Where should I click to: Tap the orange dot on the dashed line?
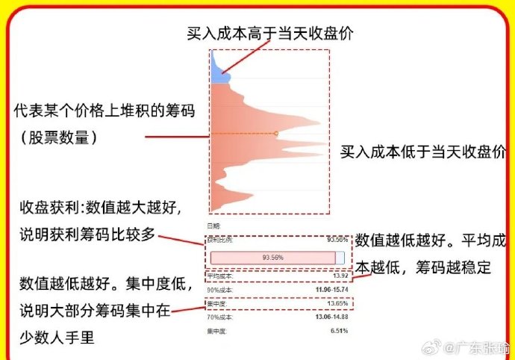[x=275, y=133]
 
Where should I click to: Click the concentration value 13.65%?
[x=337, y=304]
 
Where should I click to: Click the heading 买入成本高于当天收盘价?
[x=269, y=33]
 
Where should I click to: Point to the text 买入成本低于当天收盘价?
[x=422, y=152]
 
